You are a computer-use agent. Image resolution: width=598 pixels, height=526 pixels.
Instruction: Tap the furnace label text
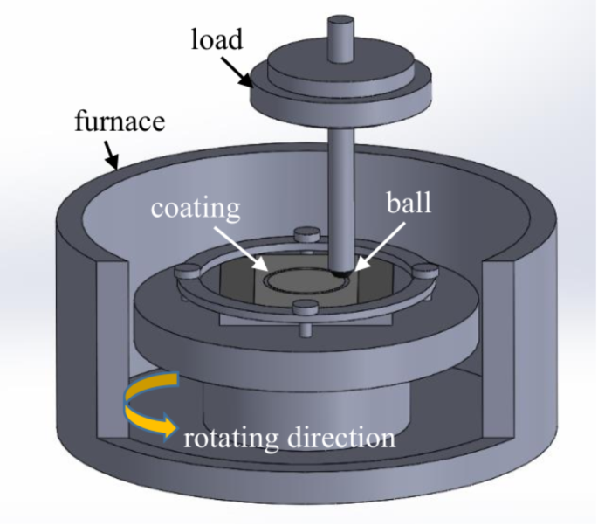pyautogui.click(x=120, y=121)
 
